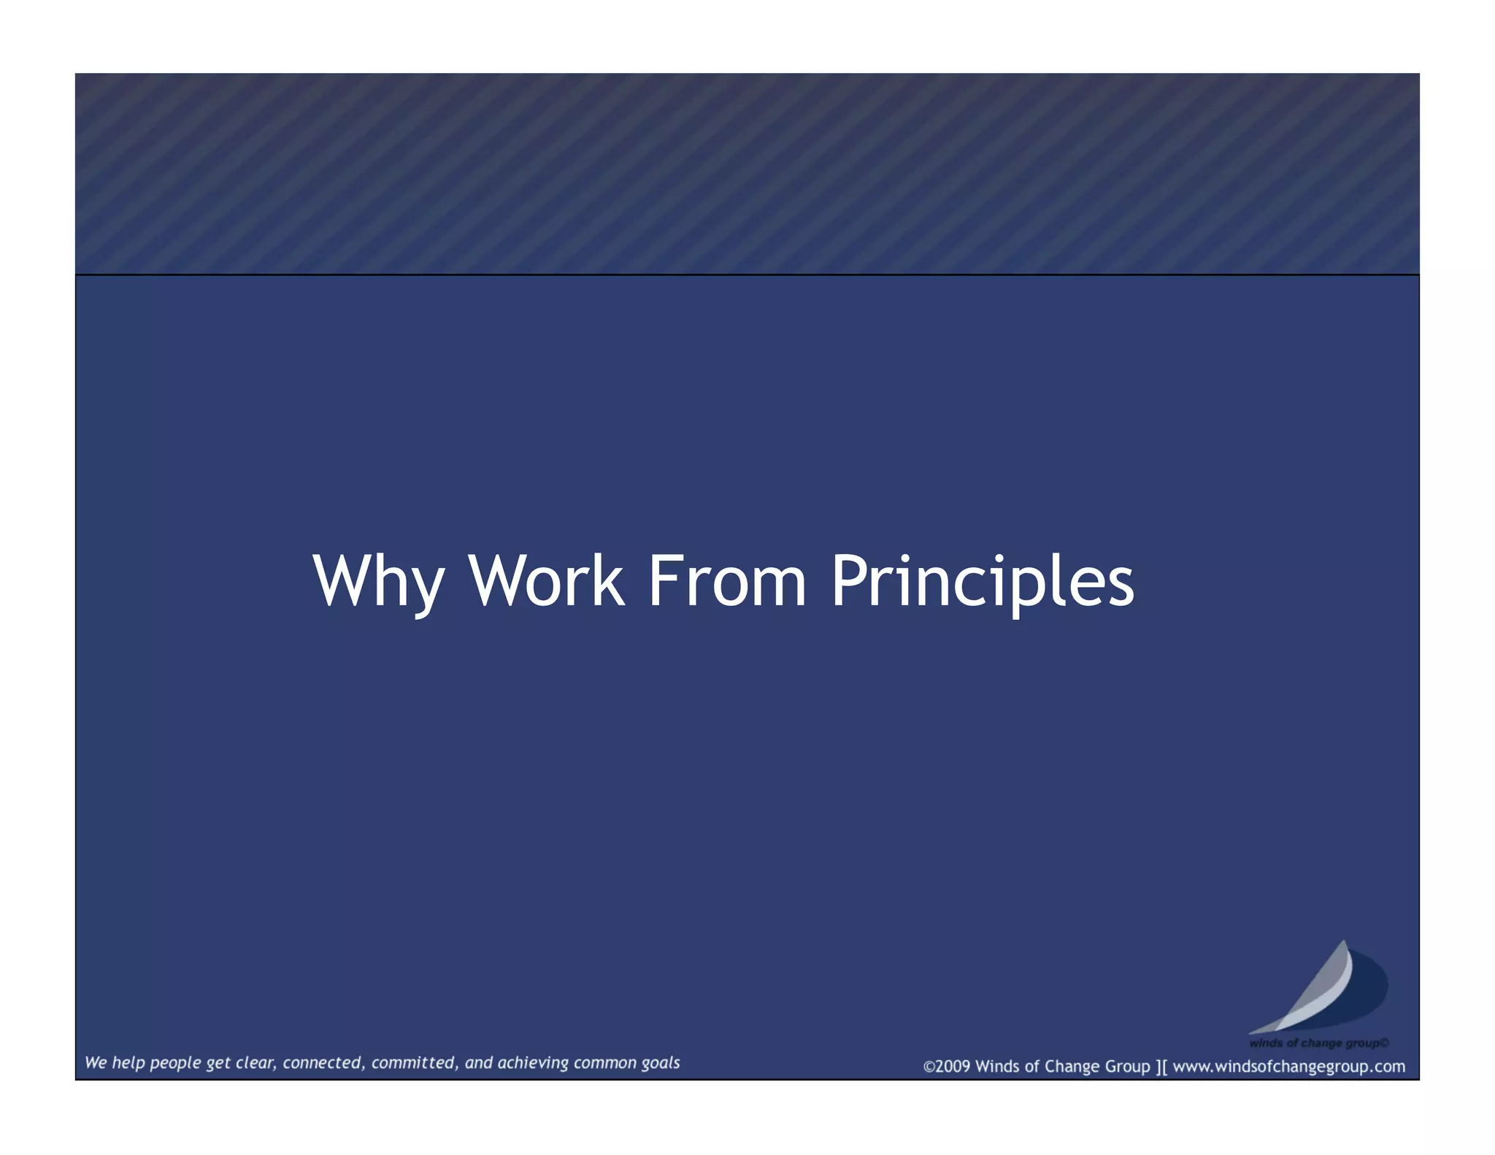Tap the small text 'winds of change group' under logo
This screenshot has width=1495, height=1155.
pyautogui.click(x=1318, y=1043)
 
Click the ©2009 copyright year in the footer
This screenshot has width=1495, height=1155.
pyautogui.click(x=947, y=1067)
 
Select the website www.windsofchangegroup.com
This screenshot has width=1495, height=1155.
pyautogui.click(x=1288, y=1067)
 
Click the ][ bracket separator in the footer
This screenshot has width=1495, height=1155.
pyautogui.click(x=1161, y=1067)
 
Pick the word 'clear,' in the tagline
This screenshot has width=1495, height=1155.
pyautogui.click(x=255, y=1063)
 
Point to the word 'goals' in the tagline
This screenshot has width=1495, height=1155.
pyautogui.click(x=661, y=1063)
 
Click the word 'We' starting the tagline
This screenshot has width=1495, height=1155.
pyautogui.click(x=96, y=1063)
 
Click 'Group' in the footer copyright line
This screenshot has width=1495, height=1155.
pyautogui.click(x=1128, y=1067)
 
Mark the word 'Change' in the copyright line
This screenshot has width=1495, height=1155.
pyautogui.click(x=1072, y=1067)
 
